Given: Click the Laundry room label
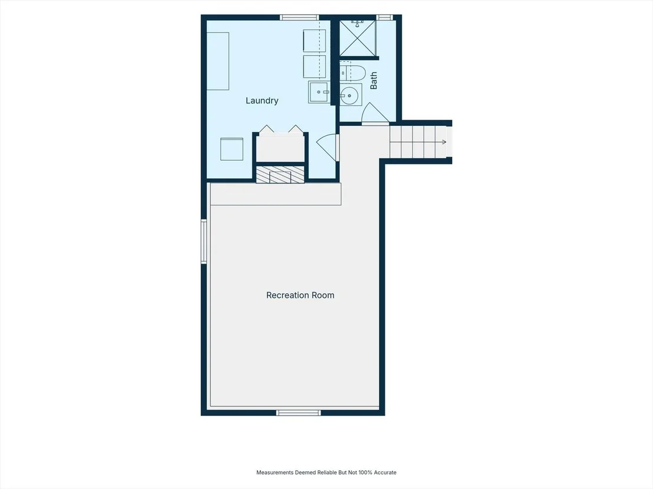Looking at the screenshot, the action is pos(262,101).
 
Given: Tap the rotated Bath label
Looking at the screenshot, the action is pos(374,80).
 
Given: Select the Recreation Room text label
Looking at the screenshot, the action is pos(300,295).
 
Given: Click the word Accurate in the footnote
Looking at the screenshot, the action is pos(385,473).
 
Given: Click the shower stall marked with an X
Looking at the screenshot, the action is pos(357,38).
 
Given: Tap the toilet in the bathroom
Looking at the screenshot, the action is pos(352,73).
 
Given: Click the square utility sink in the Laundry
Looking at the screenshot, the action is pos(319,92).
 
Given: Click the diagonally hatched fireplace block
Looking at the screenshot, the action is pos(280,175).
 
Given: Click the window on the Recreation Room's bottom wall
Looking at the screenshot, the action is pos(299,413).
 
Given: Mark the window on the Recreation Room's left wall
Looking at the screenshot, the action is pos(204,242).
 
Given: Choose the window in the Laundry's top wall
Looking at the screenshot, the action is pos(299,18).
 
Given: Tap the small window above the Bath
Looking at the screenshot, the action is pos(384,18).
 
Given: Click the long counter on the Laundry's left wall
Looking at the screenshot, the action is pos(218,61).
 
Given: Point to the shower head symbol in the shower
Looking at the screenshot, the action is pos(357,24).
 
